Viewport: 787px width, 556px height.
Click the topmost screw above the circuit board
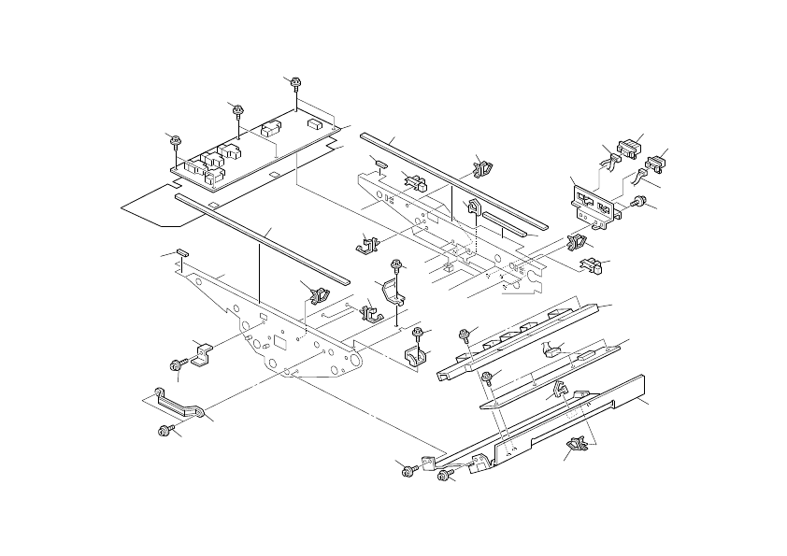tap(295, 82)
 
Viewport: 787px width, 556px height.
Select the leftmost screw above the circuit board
tap(174, 140)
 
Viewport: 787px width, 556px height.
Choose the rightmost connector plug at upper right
tap(657, 162)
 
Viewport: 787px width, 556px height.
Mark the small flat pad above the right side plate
tap(379, 162)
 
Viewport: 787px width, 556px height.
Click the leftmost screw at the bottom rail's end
tap(408, 470)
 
